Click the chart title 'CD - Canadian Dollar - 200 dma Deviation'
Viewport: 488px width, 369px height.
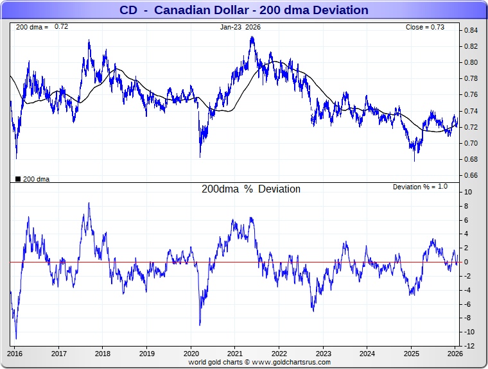244,10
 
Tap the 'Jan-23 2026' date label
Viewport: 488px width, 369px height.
241,27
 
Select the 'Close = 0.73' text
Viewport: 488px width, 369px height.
424,27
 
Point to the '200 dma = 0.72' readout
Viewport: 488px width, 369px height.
42,27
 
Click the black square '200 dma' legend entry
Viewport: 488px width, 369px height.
32,179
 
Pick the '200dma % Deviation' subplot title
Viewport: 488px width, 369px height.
251,189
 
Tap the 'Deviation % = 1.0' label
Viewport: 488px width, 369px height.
420,187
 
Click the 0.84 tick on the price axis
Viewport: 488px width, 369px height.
471,30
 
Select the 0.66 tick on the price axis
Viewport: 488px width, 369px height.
471,175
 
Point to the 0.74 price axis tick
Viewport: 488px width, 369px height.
471,111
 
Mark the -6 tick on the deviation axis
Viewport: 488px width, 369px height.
469,304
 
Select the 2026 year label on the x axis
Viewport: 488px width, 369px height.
455,354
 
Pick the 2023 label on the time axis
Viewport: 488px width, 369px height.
323,354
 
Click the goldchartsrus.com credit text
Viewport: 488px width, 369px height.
259,362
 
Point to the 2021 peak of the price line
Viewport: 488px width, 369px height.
252,37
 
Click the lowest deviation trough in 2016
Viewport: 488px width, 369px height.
16,338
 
